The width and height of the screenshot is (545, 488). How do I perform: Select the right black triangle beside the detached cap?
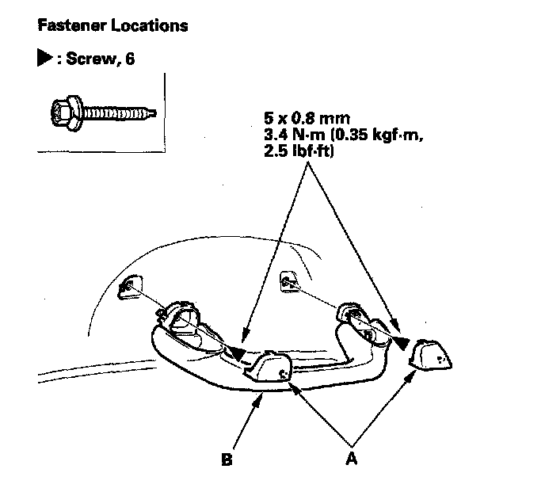(x=403, y=342)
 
